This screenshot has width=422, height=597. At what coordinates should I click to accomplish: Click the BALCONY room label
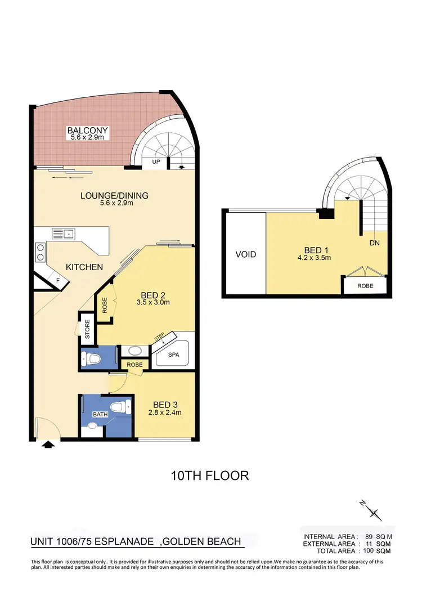click(x=87, y=131)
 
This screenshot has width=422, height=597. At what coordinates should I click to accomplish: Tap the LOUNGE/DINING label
click(x=114, y=196)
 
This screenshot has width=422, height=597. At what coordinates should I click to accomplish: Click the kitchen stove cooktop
click(x=41, y=253)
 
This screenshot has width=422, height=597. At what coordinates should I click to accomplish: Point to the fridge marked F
click(x=57, y=279)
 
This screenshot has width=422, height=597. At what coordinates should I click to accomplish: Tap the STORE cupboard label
click(x=87, y=329)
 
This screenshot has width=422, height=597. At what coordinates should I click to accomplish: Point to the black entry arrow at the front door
click(x=49, y=445)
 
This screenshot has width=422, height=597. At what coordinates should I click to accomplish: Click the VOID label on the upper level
click(x=245, y=254)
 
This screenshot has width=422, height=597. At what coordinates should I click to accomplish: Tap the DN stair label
click(x=374, y=244)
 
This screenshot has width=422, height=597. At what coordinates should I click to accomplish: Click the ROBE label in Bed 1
click(x=364, y=285)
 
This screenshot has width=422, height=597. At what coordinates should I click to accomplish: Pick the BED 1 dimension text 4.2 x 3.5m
click(x=313, y=258)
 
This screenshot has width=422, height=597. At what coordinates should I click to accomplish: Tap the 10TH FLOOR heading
click(x=210, y=475)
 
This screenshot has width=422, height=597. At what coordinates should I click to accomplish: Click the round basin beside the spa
click(x=134, y=351)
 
